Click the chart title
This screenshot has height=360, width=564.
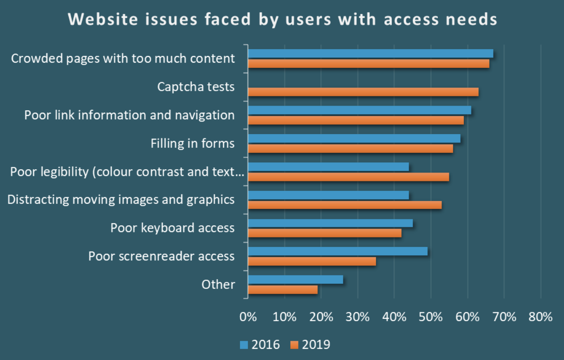pos(282,20)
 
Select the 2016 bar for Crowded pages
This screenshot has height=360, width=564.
pos(370,53)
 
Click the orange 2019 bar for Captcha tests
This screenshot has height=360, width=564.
pos(363,92)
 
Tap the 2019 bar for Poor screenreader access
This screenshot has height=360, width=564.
pos(311,261)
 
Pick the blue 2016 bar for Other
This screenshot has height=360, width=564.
pos(295,280)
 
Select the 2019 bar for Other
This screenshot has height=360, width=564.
pos(282,290)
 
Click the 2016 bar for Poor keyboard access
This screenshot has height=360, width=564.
pos(330,223)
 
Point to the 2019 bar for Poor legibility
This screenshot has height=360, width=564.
pos(348,177)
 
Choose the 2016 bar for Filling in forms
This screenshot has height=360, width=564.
pos(354,138)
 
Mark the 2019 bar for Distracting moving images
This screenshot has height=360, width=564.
pos(345,205)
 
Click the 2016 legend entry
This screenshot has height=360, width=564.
pos(260,345)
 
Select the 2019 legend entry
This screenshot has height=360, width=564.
pos(310,345)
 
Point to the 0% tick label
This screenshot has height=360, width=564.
pos(248,317)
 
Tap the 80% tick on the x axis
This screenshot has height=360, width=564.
pos(541,317)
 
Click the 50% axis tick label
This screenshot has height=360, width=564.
pos(431,317)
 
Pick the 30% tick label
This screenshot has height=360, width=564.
pos(358,317)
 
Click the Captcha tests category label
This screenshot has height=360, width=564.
pos(196,87)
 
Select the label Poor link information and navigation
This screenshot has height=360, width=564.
pos(130,115)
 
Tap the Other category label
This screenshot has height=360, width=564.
pos(218,284)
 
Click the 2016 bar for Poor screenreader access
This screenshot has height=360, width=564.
pos(338,251)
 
